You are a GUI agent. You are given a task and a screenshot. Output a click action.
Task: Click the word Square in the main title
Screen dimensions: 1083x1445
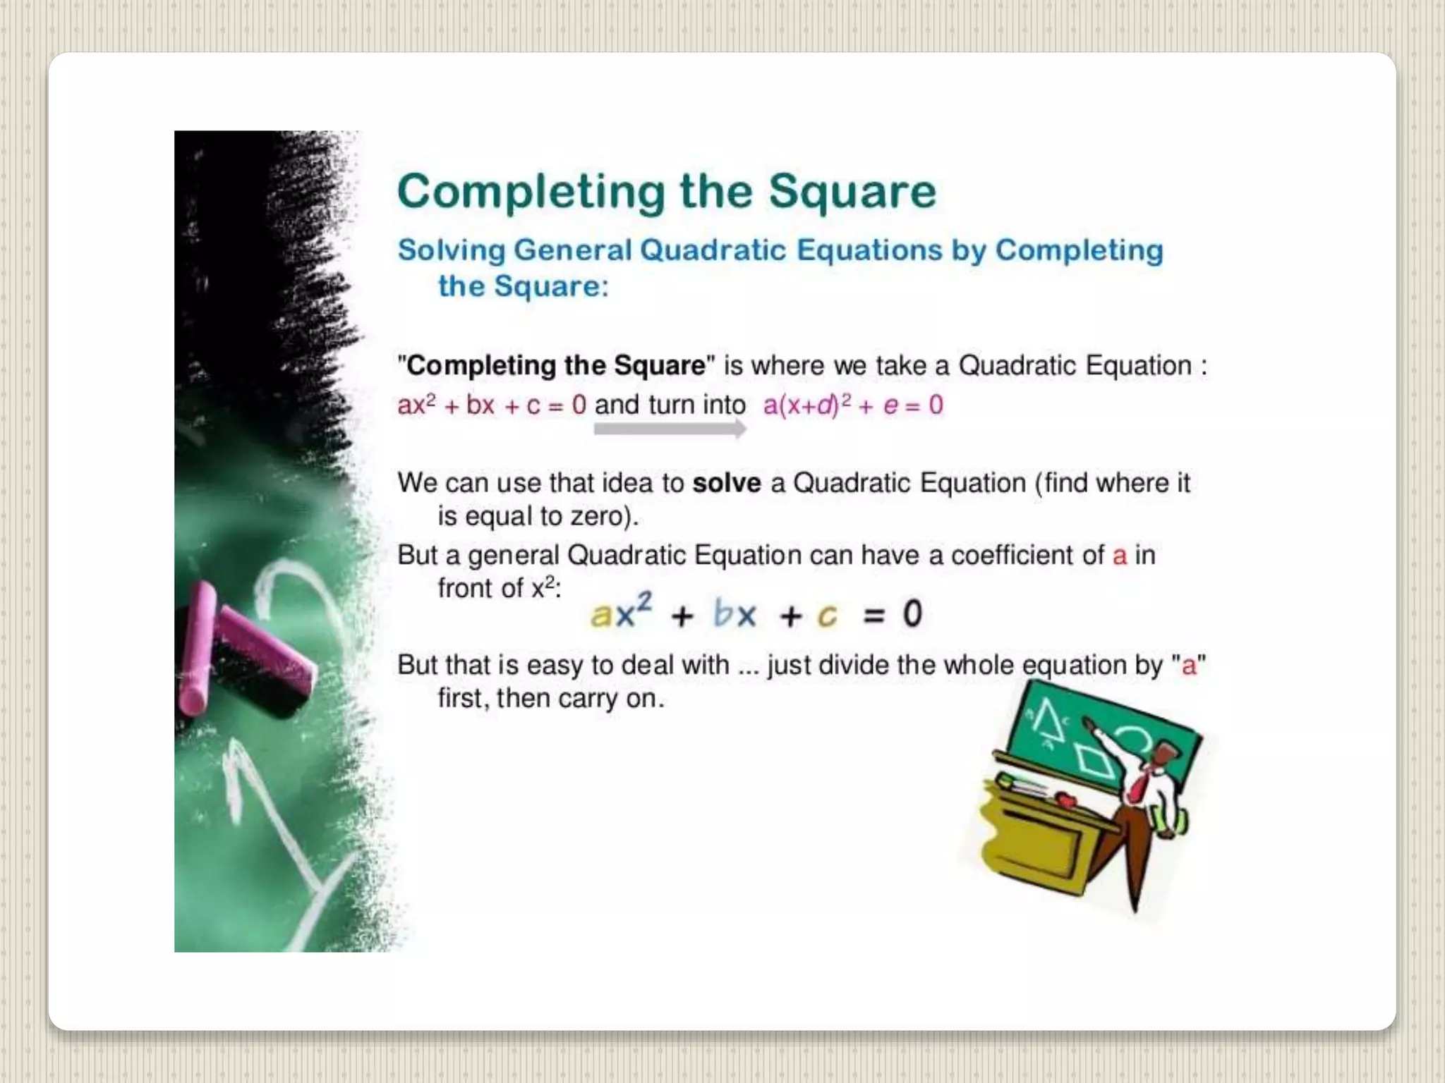pyautogui.click(x=852, y=192)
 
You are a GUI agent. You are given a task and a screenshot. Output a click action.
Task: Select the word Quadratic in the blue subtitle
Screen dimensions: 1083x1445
pyautogui.click(x=713, y=250)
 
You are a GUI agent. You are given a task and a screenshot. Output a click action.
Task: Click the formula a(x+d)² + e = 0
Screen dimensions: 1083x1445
pyautogui.click(x=852, y=405)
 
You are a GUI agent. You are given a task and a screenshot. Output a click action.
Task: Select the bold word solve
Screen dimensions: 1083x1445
pyautogui.click(x=727, y=483)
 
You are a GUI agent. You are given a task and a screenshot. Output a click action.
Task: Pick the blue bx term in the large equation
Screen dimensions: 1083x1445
pyautogui.click(x=734, y=614)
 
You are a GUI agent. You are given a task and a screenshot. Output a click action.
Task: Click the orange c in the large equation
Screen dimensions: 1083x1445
pyautogui.click(x=827, y=616)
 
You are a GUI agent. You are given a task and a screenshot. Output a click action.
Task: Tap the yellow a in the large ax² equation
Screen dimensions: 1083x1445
pyautogui.click(x=600, y=615)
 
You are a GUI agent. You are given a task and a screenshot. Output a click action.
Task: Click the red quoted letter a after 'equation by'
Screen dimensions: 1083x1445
pyautogui.click(x=1189, y=665)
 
